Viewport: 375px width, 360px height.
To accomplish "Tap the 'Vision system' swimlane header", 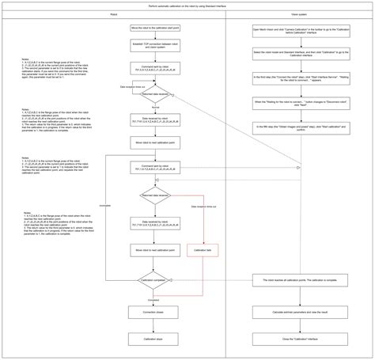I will (x=300, y=13).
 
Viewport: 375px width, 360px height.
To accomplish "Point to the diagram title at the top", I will (x=187, y=5).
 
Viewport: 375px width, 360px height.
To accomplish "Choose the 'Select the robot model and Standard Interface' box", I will (x=300, y=53).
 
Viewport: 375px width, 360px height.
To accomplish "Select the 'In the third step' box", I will (x=300, y=78).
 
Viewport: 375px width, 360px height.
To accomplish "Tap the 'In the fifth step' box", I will (x=300, y=127).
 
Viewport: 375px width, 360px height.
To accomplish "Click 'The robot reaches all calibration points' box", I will (x=300, y=282).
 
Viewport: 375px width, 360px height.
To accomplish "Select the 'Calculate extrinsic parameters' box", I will (x=300, y=313).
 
